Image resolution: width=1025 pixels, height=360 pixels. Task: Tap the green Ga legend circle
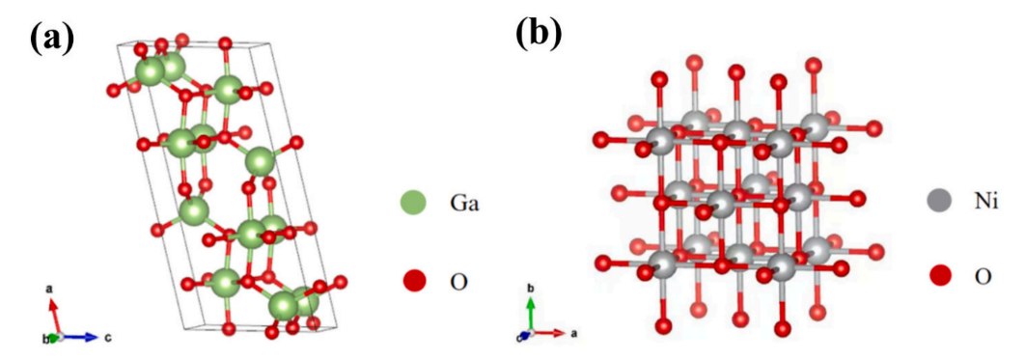click(413, 204)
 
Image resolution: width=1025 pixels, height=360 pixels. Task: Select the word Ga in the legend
click(466, 204)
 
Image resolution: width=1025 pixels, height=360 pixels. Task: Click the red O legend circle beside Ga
click(413, 281)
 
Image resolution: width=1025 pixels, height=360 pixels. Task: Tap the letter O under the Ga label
click(461, 282)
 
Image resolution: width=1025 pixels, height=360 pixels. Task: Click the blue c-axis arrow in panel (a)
click(81, 338)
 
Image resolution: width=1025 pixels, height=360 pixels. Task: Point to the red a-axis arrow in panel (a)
click(55, 317)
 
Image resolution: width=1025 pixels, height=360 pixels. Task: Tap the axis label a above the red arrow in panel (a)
click(49, 289)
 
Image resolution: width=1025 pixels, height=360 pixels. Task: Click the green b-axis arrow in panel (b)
click(532, 315)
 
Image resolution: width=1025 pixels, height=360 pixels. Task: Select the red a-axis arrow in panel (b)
click(550, 333)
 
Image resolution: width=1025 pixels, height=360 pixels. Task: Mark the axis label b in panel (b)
click(532, 289)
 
